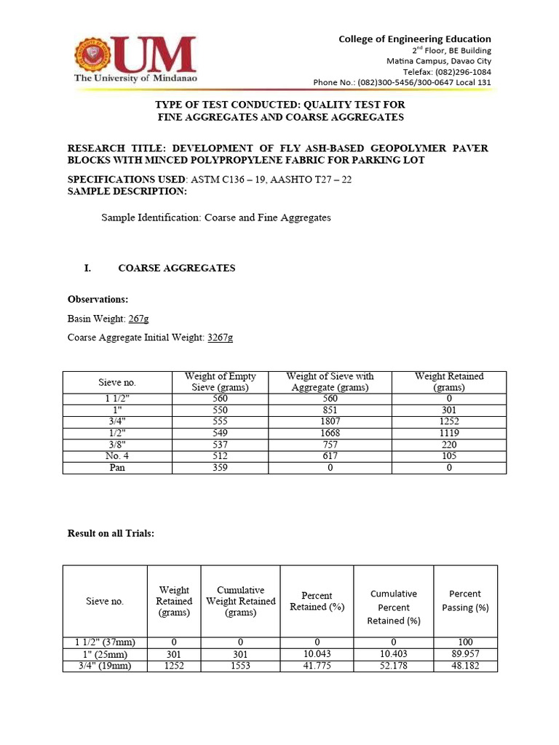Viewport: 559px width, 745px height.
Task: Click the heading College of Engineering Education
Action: tap(414, 39)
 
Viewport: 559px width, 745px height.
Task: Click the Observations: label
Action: tap(98, 299)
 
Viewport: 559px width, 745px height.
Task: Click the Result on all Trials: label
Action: tap(111, 533)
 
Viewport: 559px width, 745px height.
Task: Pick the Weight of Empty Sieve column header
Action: tap(220, 382)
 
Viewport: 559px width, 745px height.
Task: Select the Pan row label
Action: tap(117, 468)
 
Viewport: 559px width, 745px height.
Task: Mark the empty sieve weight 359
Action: tap(220, 468)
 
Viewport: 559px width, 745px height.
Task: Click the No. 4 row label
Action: tap(117, 456)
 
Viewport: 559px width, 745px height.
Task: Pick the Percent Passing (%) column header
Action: tap(465, 601)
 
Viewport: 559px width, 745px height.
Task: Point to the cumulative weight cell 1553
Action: tap(240, 666)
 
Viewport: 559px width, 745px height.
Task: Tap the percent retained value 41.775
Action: tap(317, 666)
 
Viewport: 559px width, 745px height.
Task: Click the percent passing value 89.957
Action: tap(465, 654)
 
